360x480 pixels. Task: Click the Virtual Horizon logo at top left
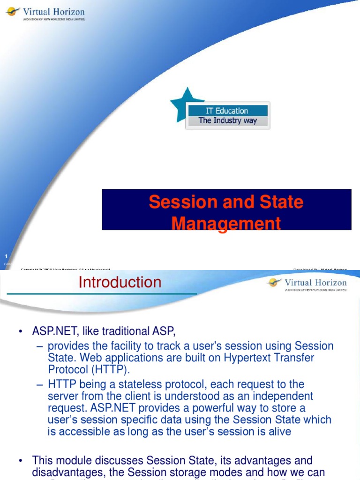click(45, 14)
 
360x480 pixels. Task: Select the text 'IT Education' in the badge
click(227, 111)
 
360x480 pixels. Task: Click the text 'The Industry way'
click(227, 121)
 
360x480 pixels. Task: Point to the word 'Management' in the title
click(226, 224)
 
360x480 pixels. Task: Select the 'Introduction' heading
click(120, 282)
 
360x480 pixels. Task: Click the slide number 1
click(6, 256)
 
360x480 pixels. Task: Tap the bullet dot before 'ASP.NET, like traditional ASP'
click(21, 332)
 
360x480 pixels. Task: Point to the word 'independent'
click(283, 396)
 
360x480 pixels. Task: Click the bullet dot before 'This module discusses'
click(21, 461)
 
